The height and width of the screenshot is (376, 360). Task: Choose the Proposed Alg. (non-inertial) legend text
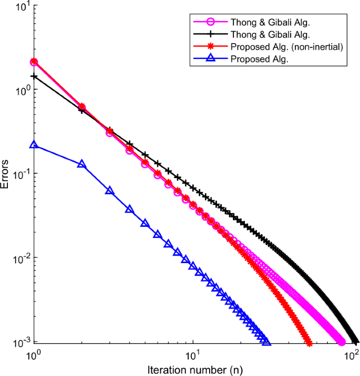point(286,47)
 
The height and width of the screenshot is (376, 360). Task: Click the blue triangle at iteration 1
point(34,145)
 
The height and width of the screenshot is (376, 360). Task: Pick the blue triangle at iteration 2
point(81,164)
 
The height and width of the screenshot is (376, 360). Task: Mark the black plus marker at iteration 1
point(34,77)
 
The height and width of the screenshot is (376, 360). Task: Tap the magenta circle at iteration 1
point(34,62)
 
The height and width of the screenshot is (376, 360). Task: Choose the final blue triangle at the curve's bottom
point(267,342)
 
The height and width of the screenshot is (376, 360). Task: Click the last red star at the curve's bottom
point(309,344)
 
